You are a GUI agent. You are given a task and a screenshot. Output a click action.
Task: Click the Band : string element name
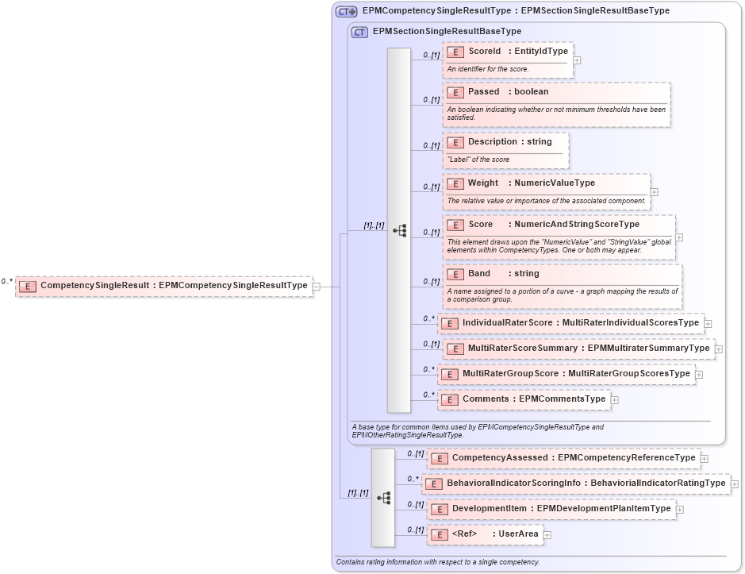tap(479, 274)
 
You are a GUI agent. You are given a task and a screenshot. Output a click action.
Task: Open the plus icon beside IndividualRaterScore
tap(708, 323)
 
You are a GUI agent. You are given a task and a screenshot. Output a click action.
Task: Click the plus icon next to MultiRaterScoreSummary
tap(718, 348)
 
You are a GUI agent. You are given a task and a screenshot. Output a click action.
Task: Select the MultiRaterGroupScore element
tap(566, 374)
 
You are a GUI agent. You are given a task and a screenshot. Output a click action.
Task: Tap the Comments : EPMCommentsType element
tap(524, 399)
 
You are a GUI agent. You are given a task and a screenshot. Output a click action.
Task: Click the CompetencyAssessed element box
tap(563, 458)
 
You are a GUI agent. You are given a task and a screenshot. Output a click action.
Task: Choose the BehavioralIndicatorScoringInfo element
tap(576, 483)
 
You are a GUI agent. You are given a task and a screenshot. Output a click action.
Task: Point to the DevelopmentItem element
tap(551, 509)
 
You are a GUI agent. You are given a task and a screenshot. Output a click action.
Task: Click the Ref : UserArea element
tap(486, 534)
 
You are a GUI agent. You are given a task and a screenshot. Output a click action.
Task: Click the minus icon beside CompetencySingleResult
tap(316, 286)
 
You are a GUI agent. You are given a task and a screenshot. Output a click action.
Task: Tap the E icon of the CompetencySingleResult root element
tap(28, 286)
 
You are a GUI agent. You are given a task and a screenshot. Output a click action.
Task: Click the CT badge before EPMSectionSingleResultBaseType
tap(359, 32)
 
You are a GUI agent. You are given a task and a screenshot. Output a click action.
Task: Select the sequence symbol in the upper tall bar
tap(399, 230)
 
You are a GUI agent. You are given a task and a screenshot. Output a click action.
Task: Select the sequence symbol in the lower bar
tap(383, 498)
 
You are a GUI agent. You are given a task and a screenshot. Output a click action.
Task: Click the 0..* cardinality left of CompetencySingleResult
tap(7, 281)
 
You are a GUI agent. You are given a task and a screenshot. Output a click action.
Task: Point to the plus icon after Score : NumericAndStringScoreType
tap(679, 237)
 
